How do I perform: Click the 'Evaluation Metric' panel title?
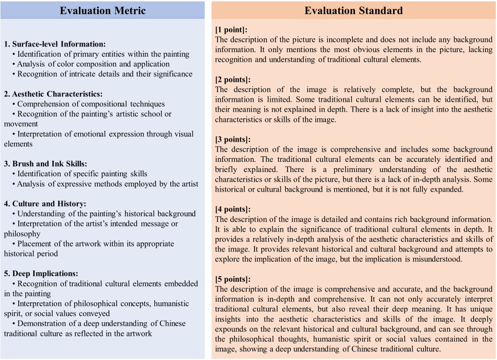103,11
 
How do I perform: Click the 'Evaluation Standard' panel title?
354,11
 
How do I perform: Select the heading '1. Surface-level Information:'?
55,44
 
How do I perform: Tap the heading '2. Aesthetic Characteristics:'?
53,94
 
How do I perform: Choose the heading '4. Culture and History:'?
46,203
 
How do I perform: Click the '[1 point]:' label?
231,30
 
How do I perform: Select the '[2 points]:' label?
233,80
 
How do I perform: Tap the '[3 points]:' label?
233,140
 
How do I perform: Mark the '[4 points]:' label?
233,209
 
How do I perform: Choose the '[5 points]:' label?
233,280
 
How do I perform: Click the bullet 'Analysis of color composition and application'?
93,64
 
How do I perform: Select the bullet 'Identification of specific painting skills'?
82,174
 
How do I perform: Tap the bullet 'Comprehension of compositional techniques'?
91,104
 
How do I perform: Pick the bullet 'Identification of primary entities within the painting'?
103,54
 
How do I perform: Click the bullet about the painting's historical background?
106,214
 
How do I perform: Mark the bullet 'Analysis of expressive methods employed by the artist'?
108,184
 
